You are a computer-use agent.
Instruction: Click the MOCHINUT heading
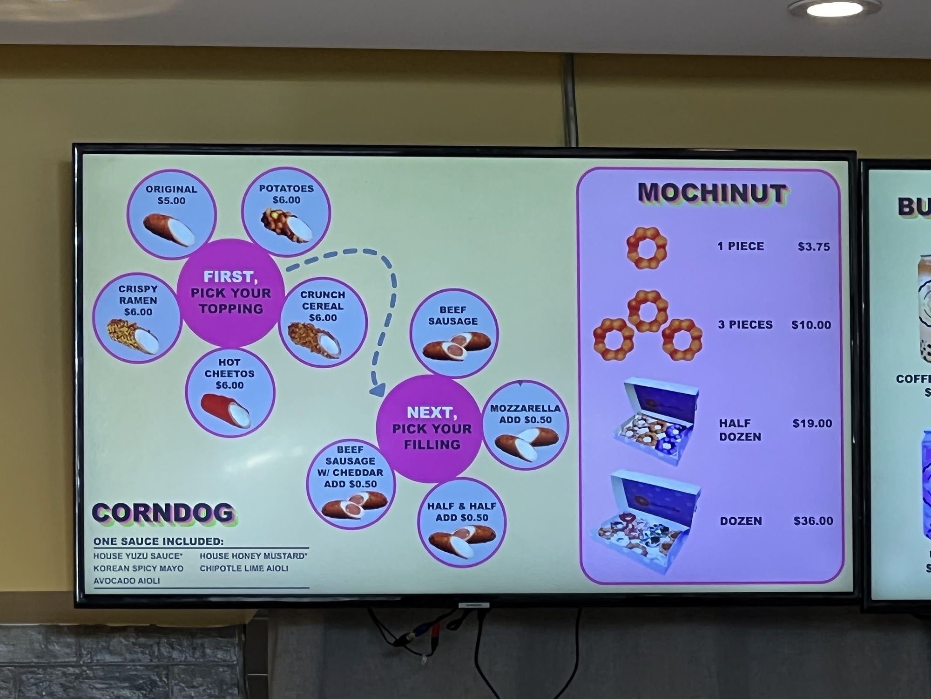coord(712,193)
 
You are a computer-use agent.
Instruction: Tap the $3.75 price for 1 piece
coord(814,247)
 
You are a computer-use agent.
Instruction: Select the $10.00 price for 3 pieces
coord(811,325)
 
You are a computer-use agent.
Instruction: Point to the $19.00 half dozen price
coord(812,423)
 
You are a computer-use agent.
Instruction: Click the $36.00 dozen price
coord(813,521)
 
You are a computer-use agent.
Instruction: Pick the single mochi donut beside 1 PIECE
coord(647,248)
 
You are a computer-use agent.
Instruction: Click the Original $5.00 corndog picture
coord(169,229)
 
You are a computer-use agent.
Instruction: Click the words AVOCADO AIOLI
coord(127,581)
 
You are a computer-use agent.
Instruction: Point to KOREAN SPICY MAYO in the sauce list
coord(138,569)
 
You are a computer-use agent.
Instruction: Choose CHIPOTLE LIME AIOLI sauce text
coord(244,569)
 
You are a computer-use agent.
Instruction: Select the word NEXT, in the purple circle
coord(432,412)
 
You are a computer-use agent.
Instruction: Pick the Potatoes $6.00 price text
coord(286,200)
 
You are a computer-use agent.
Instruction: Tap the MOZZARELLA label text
coord(525,408)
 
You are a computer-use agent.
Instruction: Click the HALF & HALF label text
coord(461,506)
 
